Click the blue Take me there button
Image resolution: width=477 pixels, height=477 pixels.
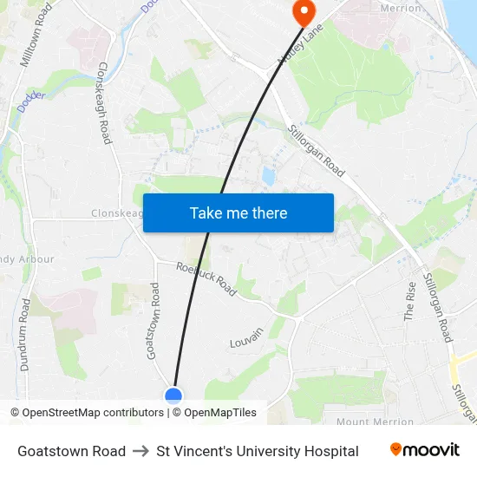pyautogui.click(x=238, y=212)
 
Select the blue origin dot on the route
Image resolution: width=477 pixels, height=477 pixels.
pyautogui.click(x=174, y=396)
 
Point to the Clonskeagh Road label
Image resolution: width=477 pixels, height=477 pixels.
pyautogui.click(x=105, y=102)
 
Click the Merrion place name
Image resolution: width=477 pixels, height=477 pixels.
pyautogui.click(x=401, y=8)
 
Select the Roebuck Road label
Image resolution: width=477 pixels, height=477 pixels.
pyautogui.click(x=206, y=279)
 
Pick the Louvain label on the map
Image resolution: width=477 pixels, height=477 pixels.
pyautogui.click(x=246, y=337)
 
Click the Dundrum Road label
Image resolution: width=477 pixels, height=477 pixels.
pyautogui.click(x=24, y=335)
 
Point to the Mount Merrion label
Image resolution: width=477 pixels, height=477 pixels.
pyautogui.click(x=375, y=421)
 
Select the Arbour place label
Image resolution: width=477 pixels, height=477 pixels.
pyautogui.click(x=36, y=259)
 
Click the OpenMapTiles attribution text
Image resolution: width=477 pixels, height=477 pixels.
pyautogui.click(x=220, y=413)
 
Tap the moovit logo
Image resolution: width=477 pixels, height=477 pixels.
pyautogui.click(x=425, y=450)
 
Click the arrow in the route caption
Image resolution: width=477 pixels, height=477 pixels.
pyautogui.click(x=141, y=451)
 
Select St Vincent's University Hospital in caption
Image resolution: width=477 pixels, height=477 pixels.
pyautogui.click(x=258, y=451)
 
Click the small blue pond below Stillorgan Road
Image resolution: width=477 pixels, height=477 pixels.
pyautogui.click(x=268, y=178)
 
